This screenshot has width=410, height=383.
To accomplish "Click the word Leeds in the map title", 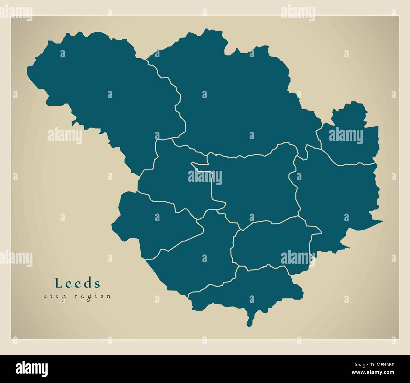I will (78, 283).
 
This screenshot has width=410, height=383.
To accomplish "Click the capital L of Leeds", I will (58, 283).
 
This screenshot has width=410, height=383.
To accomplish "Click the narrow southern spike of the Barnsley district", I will (250, 320).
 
